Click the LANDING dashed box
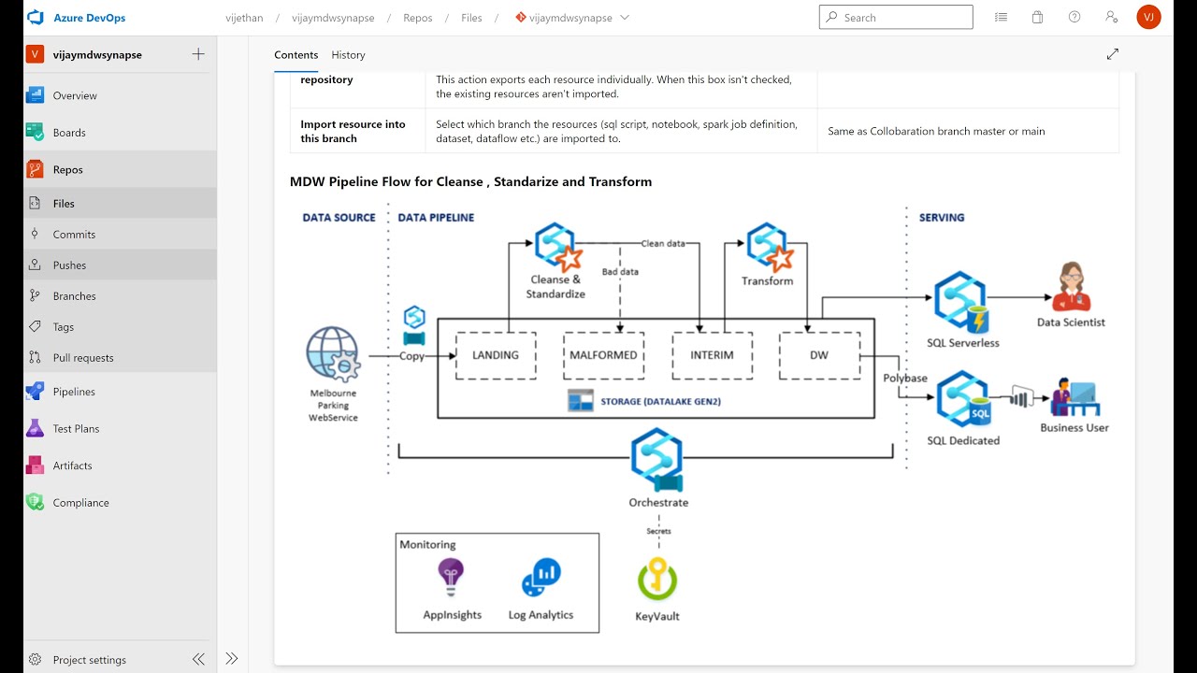click(x=495, y=355)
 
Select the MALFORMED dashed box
click(x=603, y=355)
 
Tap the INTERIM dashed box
click(x=712, y=355)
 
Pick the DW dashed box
click(x=819, y=355)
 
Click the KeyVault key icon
click(x=657, y=580)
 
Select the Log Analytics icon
click(x=541, y=578)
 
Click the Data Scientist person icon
click(x=1071, y=287)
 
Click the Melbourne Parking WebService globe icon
click(x=332, y=354)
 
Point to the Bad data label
click(x=620, y=272)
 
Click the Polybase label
click(x=905, y=379)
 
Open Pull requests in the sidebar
click(x=83, y=358)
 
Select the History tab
click(x=348, y=55)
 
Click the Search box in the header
click(x=896, y=17)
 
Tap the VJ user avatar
click(x=1148, y=17)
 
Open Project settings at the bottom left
click(x=89, y=660)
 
